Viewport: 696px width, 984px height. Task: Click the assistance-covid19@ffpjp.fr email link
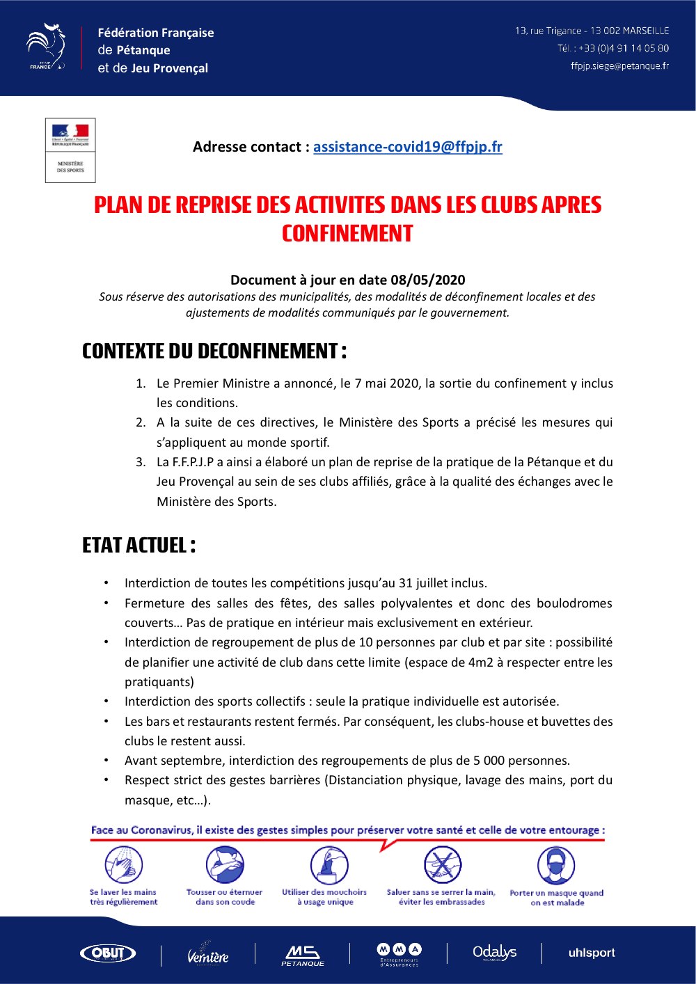(407, 147)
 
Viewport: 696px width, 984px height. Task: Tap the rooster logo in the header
(46, 47)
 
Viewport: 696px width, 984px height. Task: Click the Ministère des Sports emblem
(70, 150)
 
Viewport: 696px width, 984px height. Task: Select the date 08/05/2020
(427, 280)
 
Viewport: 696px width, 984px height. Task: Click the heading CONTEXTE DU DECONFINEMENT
(214, 351)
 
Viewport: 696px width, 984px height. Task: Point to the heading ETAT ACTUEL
(139, 545)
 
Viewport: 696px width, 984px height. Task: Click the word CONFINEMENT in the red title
(347, 234)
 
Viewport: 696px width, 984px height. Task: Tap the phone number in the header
(623, 48)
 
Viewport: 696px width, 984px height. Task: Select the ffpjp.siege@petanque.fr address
(619, 66)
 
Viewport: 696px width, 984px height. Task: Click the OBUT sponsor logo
(108, 953)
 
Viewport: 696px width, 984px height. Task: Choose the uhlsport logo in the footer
(592, 953)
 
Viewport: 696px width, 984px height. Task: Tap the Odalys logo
(494, 952)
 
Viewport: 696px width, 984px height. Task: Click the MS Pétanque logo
(303, 955)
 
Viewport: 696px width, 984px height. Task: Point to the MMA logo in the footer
(399, 953)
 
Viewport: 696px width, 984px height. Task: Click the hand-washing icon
(123, 865)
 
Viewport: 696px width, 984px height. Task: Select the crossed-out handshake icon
(443, 865)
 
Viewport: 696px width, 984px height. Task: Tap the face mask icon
(556, 866)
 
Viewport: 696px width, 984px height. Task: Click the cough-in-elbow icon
(224, 865)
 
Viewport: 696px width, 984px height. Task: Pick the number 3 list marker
(141, 462)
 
